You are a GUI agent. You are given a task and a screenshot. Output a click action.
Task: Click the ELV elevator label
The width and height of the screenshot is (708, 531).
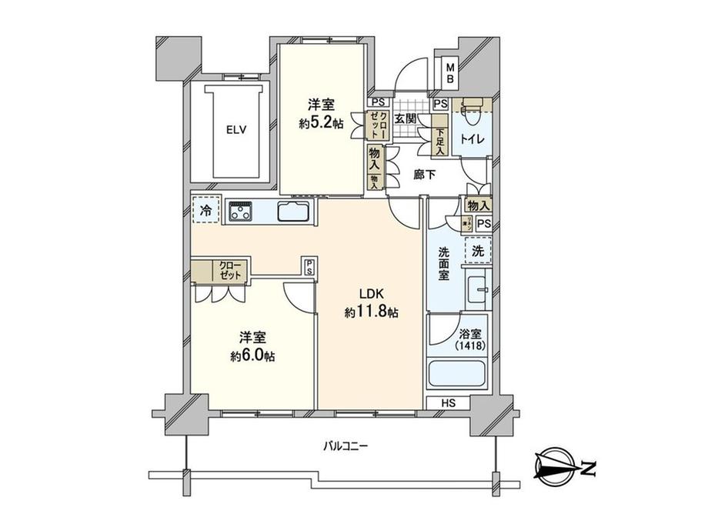pos(235,130)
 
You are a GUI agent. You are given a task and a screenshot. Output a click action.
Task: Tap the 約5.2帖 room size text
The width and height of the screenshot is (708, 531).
pos(320,123)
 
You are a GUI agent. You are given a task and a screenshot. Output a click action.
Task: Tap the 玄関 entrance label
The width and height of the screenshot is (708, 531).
pos(406,119)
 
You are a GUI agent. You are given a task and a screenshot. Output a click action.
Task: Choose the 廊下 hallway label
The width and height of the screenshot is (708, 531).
pos(424,175)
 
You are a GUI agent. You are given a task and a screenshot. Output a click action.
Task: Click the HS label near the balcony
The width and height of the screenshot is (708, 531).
pos(448,402)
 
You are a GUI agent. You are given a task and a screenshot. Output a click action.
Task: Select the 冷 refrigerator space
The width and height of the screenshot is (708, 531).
pos(206,209)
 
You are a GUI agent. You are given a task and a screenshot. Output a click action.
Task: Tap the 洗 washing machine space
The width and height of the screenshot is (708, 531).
pos(477,250)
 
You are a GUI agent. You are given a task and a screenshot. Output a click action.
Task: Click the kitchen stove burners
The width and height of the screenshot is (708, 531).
pos(243,210)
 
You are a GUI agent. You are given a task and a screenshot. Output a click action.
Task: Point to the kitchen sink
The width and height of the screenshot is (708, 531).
pos(292,211)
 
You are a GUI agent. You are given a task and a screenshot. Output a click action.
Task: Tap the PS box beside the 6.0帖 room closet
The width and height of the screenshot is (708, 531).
pos(309,265)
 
